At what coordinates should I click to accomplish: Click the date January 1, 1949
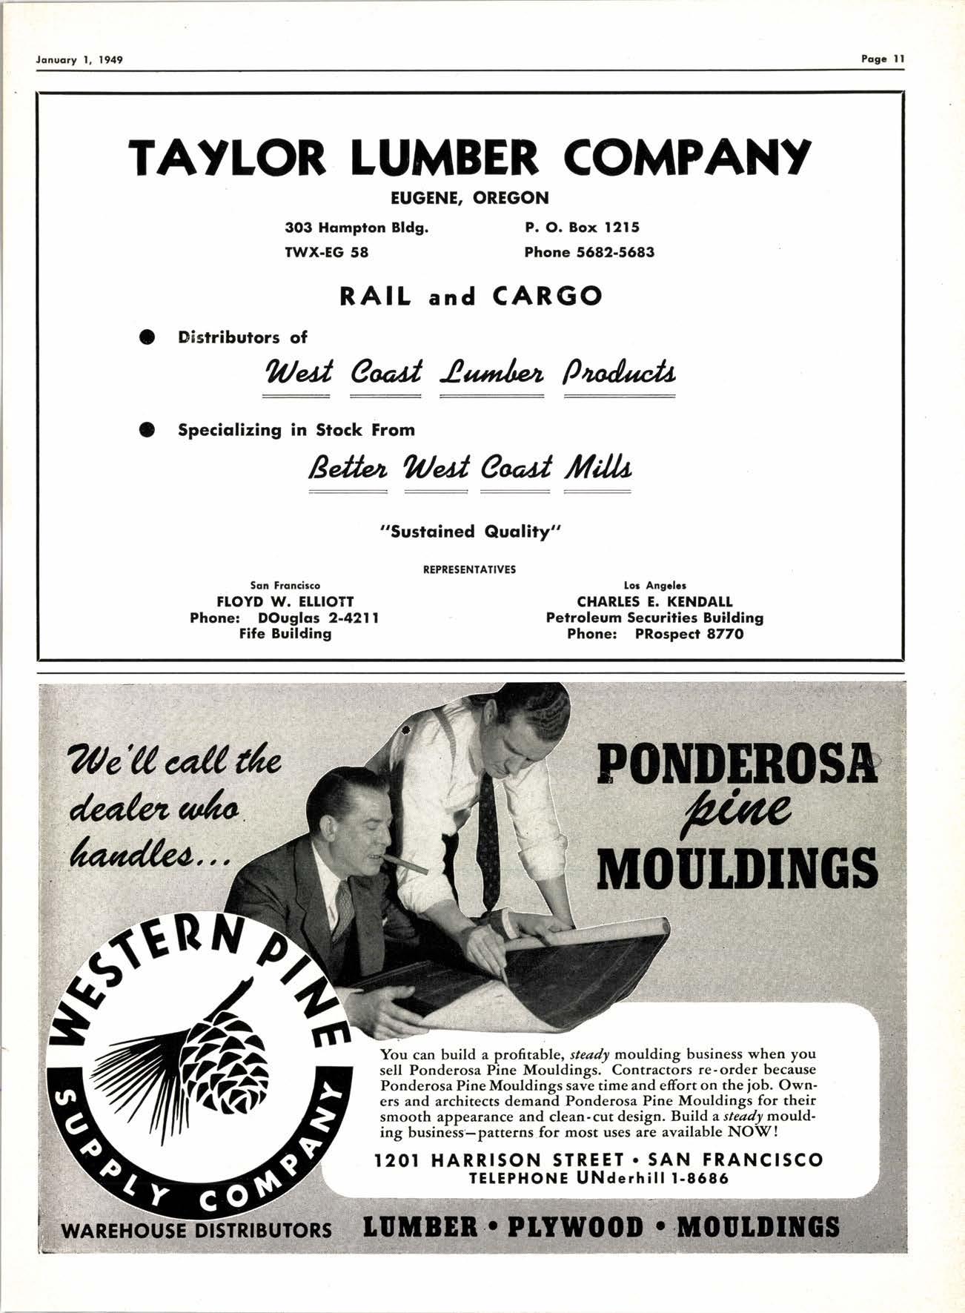(x=79, y=59)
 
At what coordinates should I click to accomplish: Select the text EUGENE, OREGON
(x=470, y=198)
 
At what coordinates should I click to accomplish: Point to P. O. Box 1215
(x=582, y=228)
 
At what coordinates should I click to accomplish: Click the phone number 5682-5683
(x=614, y=252)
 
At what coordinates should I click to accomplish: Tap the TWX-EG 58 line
(x=327, y=252)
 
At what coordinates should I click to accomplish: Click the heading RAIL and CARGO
(x=471, y=297)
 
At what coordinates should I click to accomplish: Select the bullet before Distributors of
(x=147, y=337)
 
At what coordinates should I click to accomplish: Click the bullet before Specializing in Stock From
(x=147, y=430)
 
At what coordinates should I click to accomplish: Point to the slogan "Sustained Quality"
(x=471, y=532)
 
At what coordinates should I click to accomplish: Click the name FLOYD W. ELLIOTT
(x=285, y=601)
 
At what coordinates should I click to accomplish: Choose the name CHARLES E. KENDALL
(x=654, y=601)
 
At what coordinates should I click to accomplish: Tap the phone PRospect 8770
(x=689, y=634)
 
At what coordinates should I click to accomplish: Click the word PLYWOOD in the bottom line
(x=576, y=1227)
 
